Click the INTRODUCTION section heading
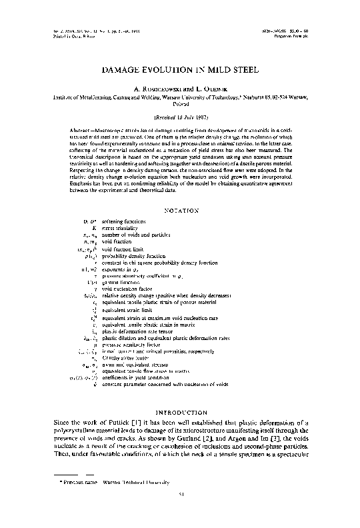tap(181, 412)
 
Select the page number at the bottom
tap(181, 513)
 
